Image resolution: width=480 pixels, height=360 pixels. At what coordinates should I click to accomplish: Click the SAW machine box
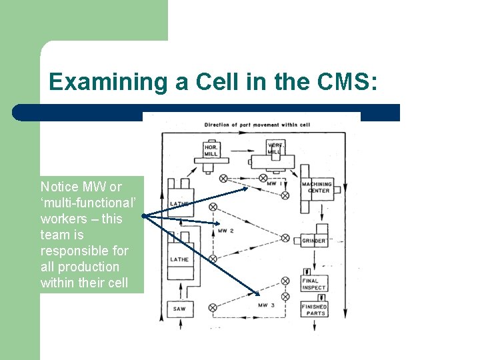[x=179, y=309]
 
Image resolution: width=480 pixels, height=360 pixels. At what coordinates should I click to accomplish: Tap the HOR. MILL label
[x=211, y=150]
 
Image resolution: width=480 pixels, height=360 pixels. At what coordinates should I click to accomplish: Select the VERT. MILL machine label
[x=275, y=148]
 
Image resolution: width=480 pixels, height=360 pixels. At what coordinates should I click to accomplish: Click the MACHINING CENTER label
[x=315, y=187]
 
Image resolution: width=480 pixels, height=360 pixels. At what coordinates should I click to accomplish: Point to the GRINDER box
[x=314, y=241]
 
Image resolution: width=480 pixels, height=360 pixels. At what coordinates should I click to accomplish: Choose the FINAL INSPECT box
[x=314, y=285]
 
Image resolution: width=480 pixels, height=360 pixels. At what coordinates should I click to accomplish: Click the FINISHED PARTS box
[x=314, y=310]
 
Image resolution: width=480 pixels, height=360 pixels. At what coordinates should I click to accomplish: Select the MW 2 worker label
[x=225, y=231]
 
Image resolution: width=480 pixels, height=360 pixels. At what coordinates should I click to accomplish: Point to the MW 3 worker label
[x=265, y=305]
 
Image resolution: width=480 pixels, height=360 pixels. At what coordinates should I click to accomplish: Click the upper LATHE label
[x=180, y=203]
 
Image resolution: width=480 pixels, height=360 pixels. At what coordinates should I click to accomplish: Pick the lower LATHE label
[x=179, y=259]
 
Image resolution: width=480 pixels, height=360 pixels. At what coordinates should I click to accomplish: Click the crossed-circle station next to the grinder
[x=285, y=238]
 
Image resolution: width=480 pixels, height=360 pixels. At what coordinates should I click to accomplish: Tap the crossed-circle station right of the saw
[x=213, y=307]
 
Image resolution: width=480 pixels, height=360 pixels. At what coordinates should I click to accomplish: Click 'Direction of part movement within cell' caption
[x=257, y=125]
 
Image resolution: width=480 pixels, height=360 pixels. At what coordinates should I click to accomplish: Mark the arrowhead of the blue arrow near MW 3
[x=259, y=294]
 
